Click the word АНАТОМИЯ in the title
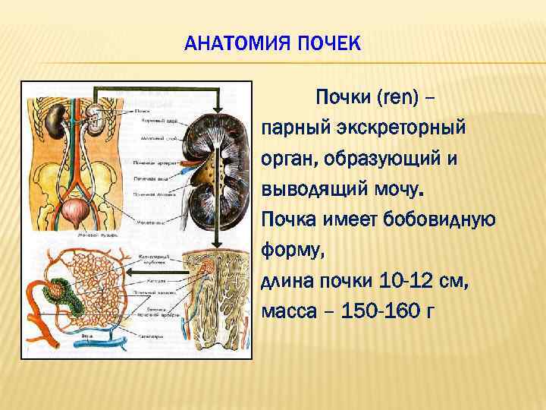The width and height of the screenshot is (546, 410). click(231, 44)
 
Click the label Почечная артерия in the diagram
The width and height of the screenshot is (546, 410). click(155, 162)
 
